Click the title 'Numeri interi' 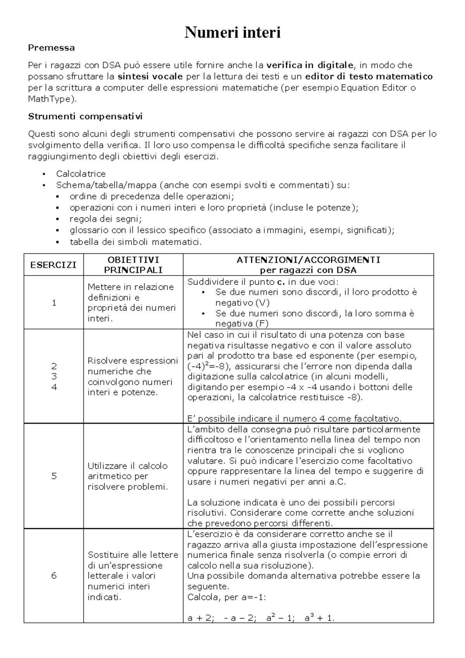pyautogui.click(x=232, y=33)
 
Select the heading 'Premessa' pyautogui.click(x=51, y=48)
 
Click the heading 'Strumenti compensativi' pyautogui.click(x=85, y=116)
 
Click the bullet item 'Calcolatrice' pyautogui.click(x=81, y=174)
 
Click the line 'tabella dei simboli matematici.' pyautogui.click(x=136, y=242)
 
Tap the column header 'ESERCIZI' pyautogui.click(x=53, y=265)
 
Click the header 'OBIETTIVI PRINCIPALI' pyautogui.click(x=133, y=265)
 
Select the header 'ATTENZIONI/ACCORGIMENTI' pyautogui.click(x=308, y=260)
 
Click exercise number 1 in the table pyautogui.click(x=54, y=303)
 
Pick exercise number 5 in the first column pyautogui.click(x=54, y=476)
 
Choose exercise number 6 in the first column pyautogui.click(x=54, y=575)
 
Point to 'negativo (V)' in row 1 pyautogui.click(x=242, y=303)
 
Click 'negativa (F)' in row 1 pyautogui.click(x=242, y=324)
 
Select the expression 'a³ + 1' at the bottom pyautogui.click(x=319, y=618)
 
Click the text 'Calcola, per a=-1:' pyautogui.click(x=226, y=597)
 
